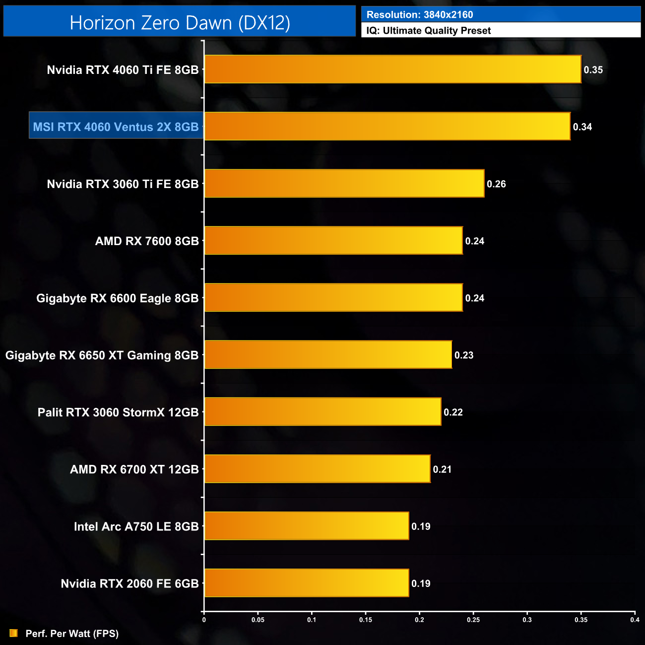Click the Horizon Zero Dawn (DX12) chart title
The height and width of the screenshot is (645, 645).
(180, 23)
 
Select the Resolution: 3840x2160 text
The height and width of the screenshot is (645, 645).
(420, 15)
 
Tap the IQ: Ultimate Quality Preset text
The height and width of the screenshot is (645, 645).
(429, 31)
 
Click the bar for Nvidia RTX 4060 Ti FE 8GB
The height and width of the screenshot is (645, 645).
(392, 69)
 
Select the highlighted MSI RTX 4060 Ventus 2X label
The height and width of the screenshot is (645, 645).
(116, 127)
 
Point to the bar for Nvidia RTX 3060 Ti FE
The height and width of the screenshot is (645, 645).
(344, 184)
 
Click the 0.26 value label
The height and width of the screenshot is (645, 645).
(496, 184)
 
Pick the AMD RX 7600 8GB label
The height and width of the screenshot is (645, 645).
(147, 241)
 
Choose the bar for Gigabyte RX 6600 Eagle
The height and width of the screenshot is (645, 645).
(333, 298)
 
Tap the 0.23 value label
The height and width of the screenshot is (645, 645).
(464, 355)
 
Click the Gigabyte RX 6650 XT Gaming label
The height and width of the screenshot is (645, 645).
(102, 355)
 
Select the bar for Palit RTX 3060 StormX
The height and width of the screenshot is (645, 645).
(322, 412)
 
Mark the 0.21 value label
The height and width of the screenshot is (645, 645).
(442, 469)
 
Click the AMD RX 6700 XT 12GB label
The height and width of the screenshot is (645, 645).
(134, 469)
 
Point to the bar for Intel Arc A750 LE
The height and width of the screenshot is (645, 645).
(307, 526)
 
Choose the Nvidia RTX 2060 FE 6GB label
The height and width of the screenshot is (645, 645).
(129, 583)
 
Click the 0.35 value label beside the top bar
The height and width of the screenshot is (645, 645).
(593, 70)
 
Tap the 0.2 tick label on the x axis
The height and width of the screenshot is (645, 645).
(419, 620)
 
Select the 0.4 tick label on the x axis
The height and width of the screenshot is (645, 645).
(635, 620)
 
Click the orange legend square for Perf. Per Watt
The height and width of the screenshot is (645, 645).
(14, 633)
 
